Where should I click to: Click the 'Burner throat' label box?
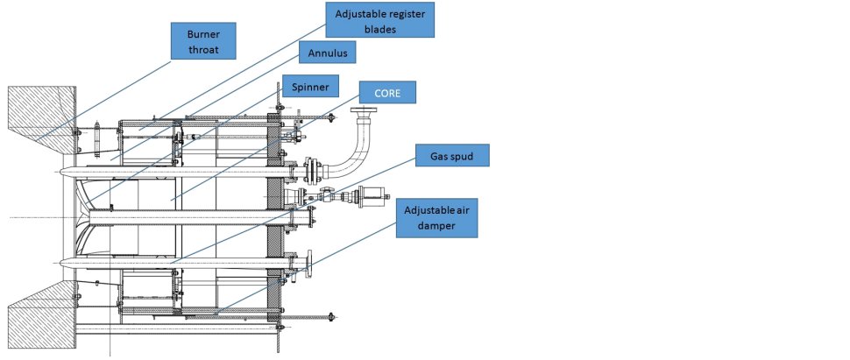[202, 40]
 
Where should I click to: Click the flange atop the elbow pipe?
[361, 110]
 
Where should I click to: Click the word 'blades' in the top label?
[380, 27]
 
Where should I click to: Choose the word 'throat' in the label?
[202, 49]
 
